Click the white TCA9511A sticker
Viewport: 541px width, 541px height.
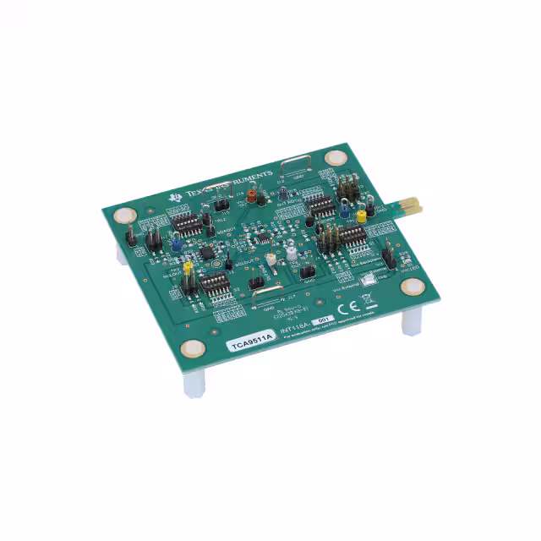(249, 343)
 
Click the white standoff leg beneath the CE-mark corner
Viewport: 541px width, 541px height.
(412, 321)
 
